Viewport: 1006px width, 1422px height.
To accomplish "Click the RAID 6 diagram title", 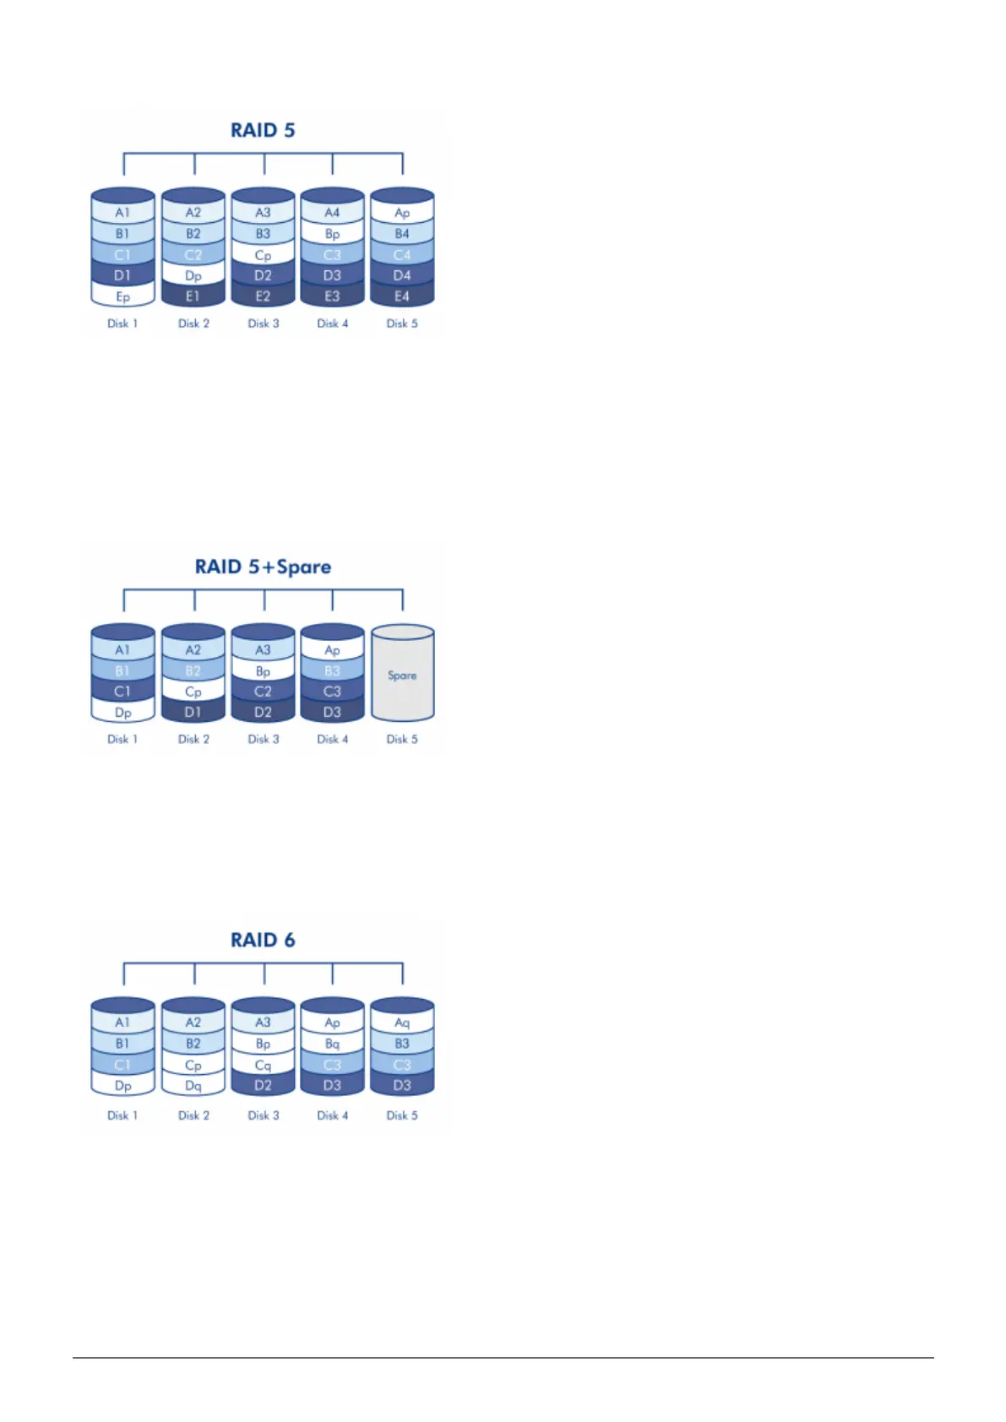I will (263, 941).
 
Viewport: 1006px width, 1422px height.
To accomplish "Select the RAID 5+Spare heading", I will (263, 567).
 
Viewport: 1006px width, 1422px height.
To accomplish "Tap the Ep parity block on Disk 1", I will (122, 296).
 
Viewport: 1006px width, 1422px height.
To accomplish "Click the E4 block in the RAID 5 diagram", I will (402, 296).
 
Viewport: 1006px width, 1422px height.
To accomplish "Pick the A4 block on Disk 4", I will (332, 213).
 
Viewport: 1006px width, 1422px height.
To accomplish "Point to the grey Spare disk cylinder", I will (402, 675).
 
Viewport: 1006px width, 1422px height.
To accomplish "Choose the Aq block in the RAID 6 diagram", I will (402, 1023).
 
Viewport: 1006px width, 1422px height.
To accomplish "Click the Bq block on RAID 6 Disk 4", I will (332, 1044).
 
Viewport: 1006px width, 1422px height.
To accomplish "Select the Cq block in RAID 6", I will (263, 1065).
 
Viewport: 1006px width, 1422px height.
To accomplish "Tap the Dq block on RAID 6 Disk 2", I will (193, 1086).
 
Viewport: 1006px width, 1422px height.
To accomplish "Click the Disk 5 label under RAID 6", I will (402, 1115).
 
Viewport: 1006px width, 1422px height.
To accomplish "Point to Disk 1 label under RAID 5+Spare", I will (122, 739).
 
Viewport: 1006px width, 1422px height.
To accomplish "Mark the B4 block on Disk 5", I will (402, 234).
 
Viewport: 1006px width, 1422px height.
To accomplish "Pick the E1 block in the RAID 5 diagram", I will (193, 296).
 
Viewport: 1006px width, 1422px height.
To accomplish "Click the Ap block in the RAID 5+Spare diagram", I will (332, 650).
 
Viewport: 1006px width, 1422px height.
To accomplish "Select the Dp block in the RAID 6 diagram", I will (122, 1086).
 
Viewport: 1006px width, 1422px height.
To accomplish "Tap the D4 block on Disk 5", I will (402, 275).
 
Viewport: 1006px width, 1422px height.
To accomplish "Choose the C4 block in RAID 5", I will (402, 254).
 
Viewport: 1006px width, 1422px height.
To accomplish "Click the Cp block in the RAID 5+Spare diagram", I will (193, 692).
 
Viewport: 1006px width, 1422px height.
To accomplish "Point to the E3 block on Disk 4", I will (332, 296).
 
